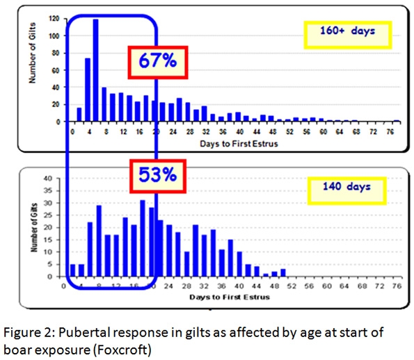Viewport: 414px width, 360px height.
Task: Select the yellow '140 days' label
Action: click(x=346, y=187)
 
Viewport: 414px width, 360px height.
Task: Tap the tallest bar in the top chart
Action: click(x=95, y=70)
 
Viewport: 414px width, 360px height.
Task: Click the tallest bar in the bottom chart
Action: click(x=143, y=238)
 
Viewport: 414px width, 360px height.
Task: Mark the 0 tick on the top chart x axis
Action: click(x=72, y=131)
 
